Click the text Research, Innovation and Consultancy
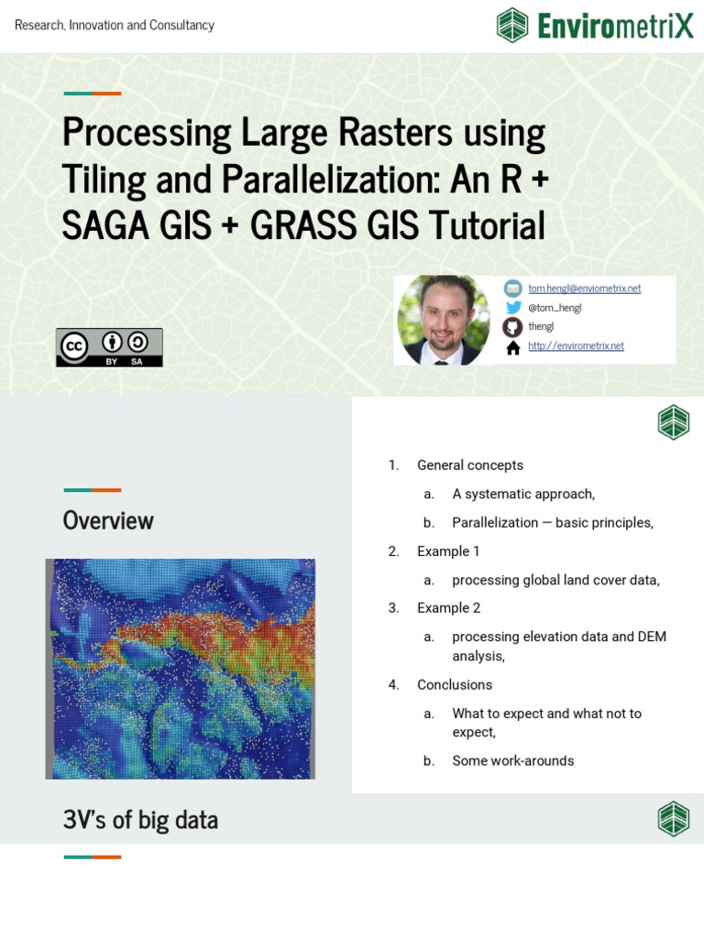point(115,25)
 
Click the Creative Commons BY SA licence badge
point(109,347)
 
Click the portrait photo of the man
point(443,321)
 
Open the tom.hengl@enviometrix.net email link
point(584,288)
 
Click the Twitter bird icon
point(513,308)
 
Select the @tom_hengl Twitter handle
point(555,308)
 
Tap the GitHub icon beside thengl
point(513,327)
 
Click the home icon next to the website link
point(513,347)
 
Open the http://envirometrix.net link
point(576,346)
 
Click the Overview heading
point(108,520)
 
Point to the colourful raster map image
point(181,669)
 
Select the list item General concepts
point(469,465)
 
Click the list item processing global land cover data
point(555,580)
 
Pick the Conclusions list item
point(454,685)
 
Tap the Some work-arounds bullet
point(512,761)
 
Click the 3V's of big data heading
point(140,820)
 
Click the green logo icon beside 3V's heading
point(674,819)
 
